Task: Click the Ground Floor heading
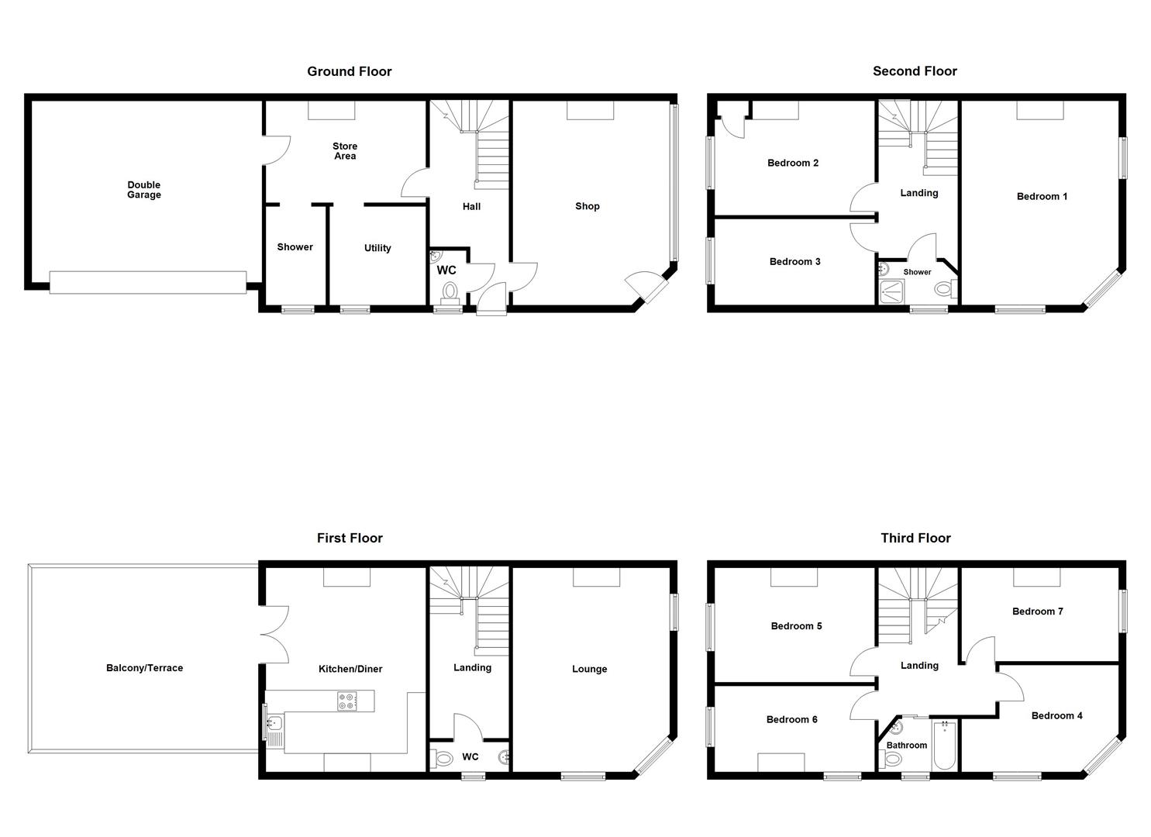point(349,71)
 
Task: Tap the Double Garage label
point(144,190)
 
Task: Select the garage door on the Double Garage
point(148,282)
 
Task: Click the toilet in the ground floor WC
point(450,292)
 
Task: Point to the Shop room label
point(587,206)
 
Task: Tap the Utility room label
point(377,248)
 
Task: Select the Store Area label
point(345,151)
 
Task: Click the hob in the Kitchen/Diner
point(346,701)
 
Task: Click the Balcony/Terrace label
point(144,668)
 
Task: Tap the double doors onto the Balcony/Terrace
point(274,634)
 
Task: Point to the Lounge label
point(589,669)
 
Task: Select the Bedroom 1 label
point(1042,196)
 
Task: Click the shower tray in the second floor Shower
point(892,291)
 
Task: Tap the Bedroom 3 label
point(794,261)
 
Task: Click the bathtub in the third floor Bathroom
point(944,746)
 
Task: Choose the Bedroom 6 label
point(791,719)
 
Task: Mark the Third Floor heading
point(915,538)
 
